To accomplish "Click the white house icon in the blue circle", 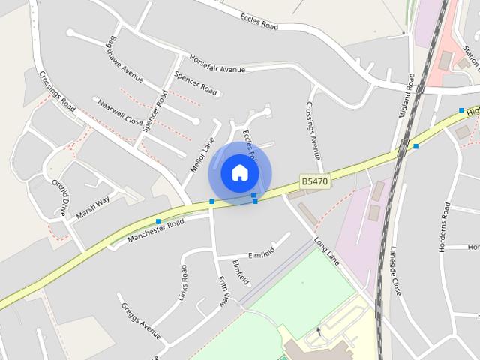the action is (x=239, y=172).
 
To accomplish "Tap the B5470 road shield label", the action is (x=315, y=181).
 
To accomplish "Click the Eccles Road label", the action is (x=259, y=21).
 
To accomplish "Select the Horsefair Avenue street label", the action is (x=217, y=64).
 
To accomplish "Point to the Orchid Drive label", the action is (x=60, y=196).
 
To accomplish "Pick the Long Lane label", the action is (x=328, y=253).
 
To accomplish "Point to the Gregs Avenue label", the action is (x=140, y=321).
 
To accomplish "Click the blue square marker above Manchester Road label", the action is (x=158, y=221).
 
